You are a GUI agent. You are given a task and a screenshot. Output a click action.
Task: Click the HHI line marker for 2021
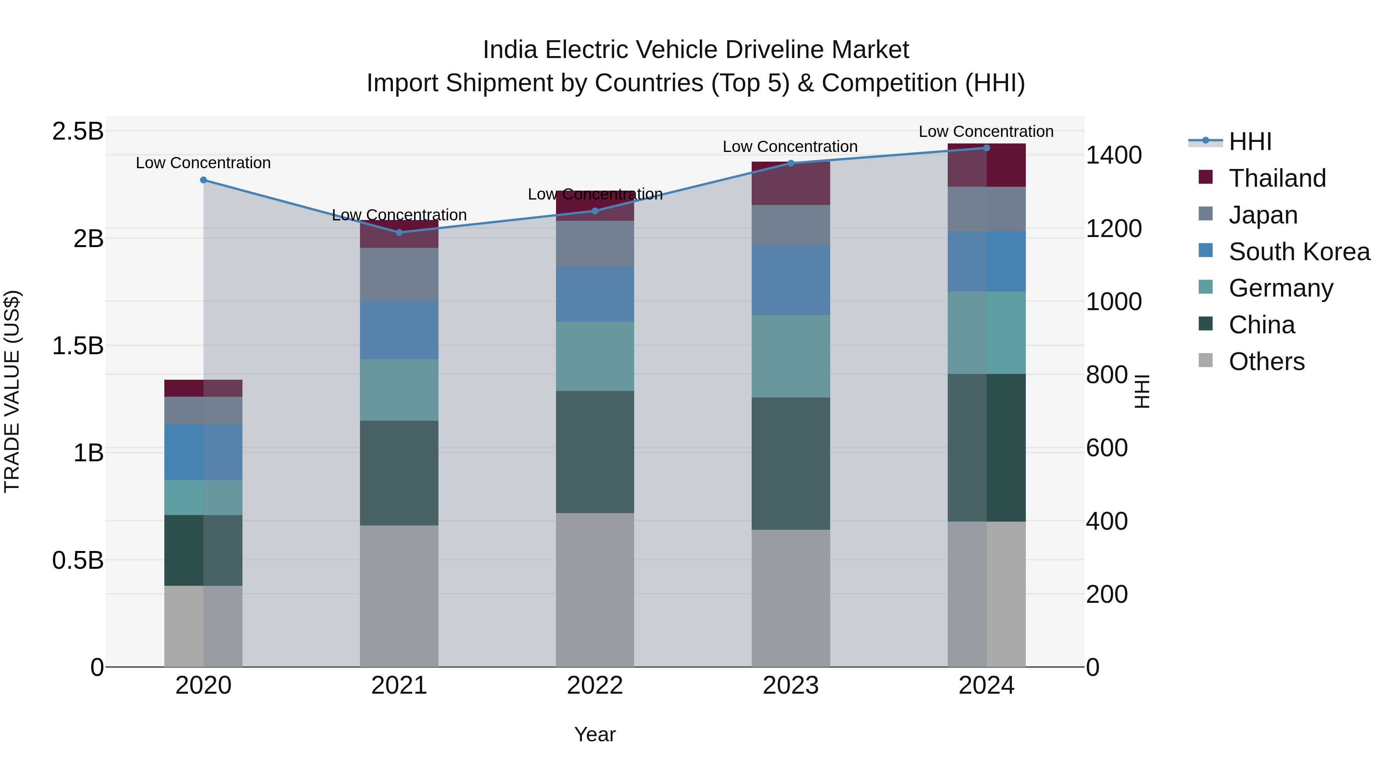[x=399, y=232]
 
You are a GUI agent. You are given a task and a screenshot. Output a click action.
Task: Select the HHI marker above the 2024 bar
[x=986, y=148]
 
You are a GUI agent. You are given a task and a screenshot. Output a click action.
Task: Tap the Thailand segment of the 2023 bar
[x=791, y=184]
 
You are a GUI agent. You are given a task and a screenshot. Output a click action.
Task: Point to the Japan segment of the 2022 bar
[x=595, y=243]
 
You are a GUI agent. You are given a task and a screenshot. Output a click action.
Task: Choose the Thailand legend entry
[x=1278, y=178]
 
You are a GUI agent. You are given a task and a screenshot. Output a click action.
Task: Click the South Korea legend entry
[x=1299, y=252]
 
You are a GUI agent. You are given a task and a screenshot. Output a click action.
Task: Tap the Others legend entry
[x=1267, y=362]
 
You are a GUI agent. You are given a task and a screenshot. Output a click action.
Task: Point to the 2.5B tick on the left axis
[x=77, y=131]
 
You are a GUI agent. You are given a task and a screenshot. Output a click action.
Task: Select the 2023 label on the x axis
[x=791, y=686]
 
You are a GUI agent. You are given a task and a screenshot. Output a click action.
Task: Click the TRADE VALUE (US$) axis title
[x=12, y=391]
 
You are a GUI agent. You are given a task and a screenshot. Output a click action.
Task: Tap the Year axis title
[x=595, y=734]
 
